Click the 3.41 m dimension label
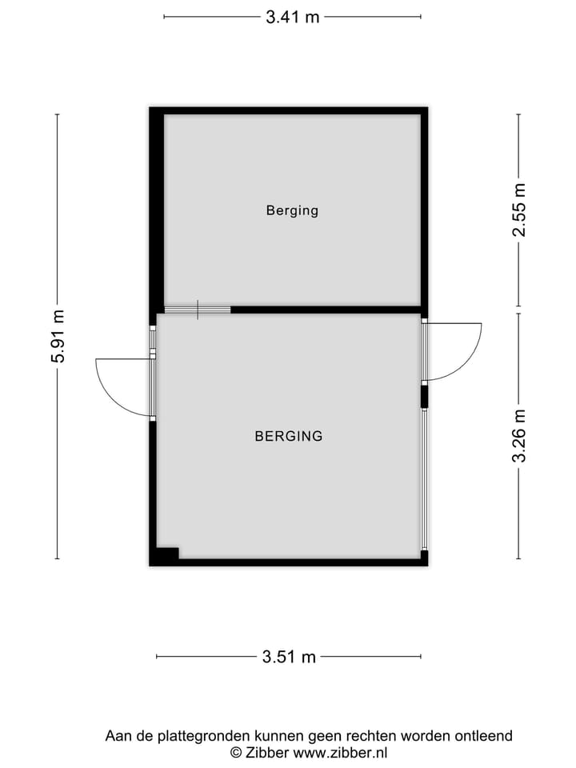point(293,17)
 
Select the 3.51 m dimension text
point(289,658)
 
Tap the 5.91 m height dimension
point(58,337)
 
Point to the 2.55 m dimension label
point(519,210)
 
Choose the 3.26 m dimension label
point(519,436)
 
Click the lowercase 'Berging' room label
point(292,211)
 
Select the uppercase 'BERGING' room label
point(289,437)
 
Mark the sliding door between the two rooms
point(197,310)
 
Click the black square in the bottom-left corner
point(167,553)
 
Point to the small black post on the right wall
point(425,397)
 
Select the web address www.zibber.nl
point(341,752)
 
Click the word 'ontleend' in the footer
point(486,736)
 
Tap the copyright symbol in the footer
point(236,752)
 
